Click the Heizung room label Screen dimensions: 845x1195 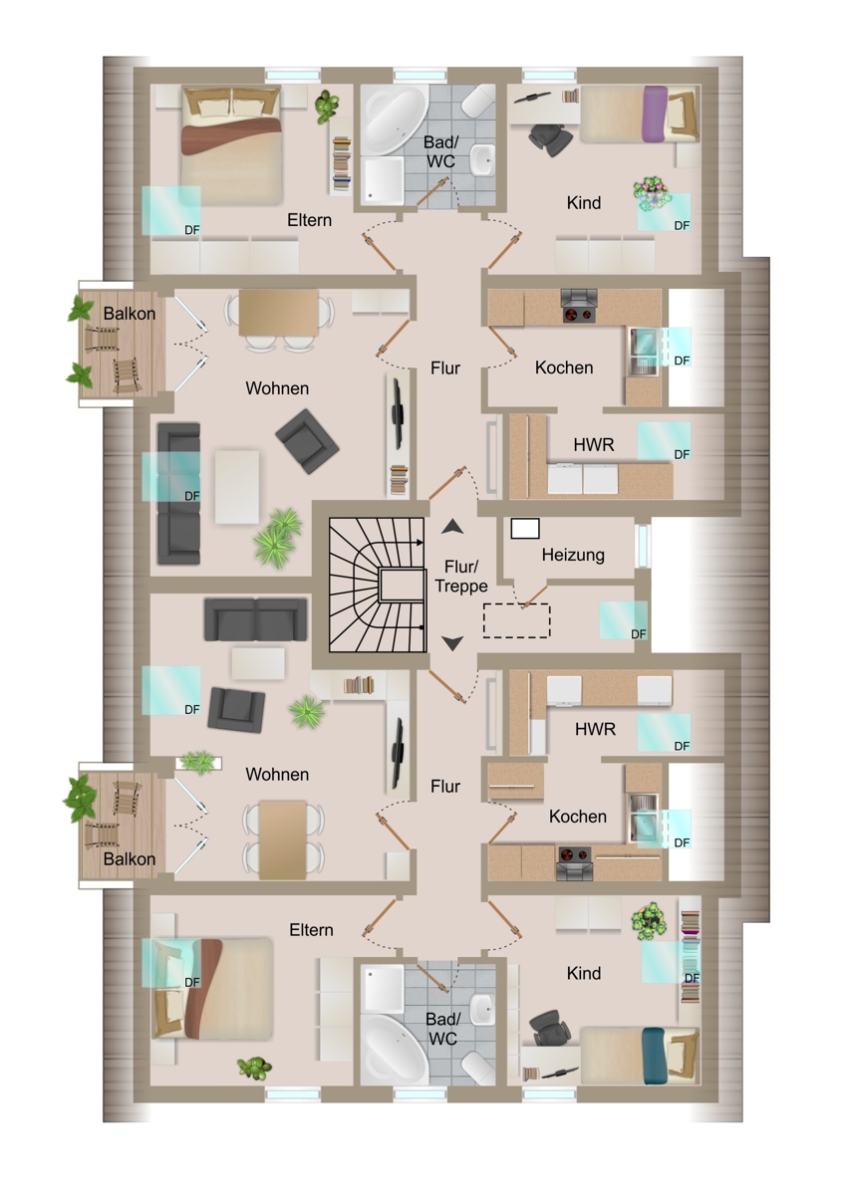pyautogui.click(x=573, y=555)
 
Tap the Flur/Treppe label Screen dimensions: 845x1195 pyautogui.click(x=461, y=577)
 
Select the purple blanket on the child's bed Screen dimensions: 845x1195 pyautogui.click(x=655, y=115)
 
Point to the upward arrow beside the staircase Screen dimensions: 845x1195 pyautogui.click(x=452, y=527)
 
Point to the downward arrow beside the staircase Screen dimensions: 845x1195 pyautogui.click(x=452, y=643)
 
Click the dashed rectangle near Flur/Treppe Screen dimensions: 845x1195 pyautogui.click(x=517, y=620)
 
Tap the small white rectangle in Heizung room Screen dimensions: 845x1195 pyautogui.click(x=525, y=529)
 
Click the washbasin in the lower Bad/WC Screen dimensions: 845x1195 pyautogui.click(x=483, y=1009)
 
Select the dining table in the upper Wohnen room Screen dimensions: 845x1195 pyautogui.click(x=279, y=313)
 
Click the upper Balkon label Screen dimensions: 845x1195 pyautogui.click(x=130, y=313)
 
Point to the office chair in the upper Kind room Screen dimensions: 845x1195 pyautogui.click(x=550, y=138)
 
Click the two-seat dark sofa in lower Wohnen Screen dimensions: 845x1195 pyautogui.click(x=256, y=619)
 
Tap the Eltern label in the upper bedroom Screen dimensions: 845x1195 pyautogui.click(x=309, y=220)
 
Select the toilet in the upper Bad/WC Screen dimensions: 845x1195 pyautogui.click(x=478, y=102)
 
